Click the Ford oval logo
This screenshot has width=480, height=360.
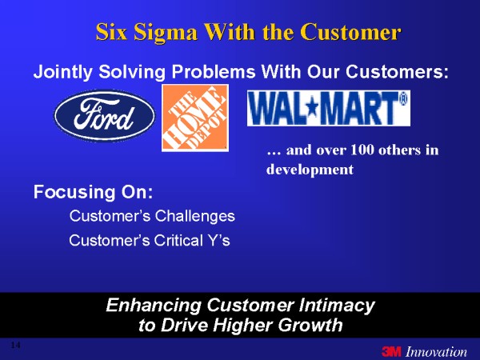(x=105, y=115)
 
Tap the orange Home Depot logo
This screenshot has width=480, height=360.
(x=195, y=118)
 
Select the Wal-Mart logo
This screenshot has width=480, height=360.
(x=329, y=108)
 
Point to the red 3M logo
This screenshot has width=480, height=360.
(x=391, y=351)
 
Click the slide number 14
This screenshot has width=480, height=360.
(x=15, y=346)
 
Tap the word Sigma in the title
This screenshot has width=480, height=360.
(x=166, y=33)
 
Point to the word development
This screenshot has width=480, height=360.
(x=310, y=170)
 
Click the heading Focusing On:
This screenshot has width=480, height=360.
(x=93, y=192)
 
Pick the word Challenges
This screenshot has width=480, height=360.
(x=194, y=216)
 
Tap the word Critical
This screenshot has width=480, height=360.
(x=178, y=240)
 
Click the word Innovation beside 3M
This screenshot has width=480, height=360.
(x=436, y=351)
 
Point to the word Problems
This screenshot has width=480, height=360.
(x=214, y=72)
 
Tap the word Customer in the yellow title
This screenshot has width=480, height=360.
(x=350, y=33)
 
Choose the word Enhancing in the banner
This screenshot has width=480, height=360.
(x=154, y=306)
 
